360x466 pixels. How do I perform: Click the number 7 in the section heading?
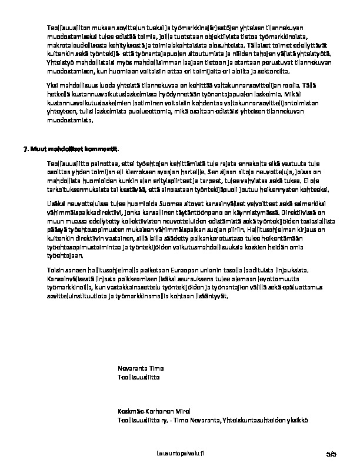25,149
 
